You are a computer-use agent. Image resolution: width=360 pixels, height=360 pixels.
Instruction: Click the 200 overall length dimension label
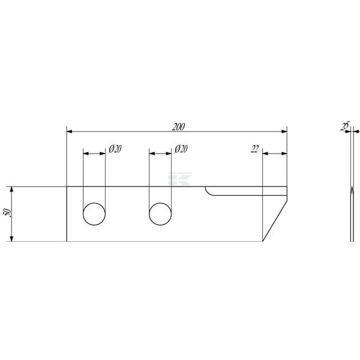[178, 127]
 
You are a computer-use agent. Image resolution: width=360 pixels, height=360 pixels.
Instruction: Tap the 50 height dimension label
[8, 213]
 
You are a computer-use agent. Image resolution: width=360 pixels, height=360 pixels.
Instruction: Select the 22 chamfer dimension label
[254, 149]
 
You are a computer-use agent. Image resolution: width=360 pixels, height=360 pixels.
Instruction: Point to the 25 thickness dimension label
[345, 126]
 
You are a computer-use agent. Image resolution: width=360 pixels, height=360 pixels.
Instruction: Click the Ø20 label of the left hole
[115, 149]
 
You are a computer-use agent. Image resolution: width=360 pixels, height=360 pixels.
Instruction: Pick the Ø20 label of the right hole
[181, 149]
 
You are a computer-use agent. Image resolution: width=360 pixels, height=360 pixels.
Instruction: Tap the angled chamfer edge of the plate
[275, 221]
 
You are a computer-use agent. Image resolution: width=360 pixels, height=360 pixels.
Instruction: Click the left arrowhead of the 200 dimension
[69, 131]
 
